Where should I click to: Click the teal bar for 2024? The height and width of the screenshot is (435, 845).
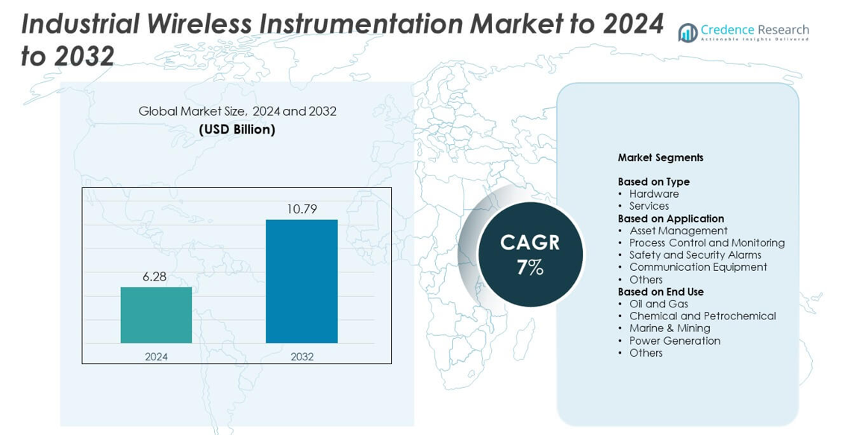(156, 315)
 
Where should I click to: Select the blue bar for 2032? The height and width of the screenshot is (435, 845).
(302, 281)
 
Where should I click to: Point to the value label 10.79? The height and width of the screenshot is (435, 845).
(302, 209)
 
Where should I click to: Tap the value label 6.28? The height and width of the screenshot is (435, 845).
(156, 277)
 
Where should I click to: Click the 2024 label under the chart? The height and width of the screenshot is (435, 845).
(156, 357)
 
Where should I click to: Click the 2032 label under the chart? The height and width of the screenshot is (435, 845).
(302, 357)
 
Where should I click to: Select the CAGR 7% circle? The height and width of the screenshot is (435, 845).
(530, 254)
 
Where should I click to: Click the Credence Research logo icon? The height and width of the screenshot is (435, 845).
(687, 32)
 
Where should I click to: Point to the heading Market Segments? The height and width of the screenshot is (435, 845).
(660, 157)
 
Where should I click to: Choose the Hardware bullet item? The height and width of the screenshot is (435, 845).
(653, 194)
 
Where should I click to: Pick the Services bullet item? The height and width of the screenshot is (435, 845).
(649, 206)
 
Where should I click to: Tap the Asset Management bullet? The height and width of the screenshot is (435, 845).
(678, 231)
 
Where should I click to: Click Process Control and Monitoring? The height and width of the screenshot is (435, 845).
(706, 242)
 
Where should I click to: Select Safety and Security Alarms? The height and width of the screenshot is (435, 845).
(694, 255)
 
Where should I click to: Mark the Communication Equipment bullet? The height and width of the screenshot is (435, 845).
(697, 267)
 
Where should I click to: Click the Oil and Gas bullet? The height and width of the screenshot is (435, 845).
(658, 304)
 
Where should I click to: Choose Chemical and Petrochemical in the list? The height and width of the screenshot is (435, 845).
(702, 316)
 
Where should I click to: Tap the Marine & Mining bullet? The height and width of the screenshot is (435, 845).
(669, 328)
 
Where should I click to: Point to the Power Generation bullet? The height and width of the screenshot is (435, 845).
(674, 341)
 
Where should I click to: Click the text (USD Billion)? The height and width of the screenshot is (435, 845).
(237, 129)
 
